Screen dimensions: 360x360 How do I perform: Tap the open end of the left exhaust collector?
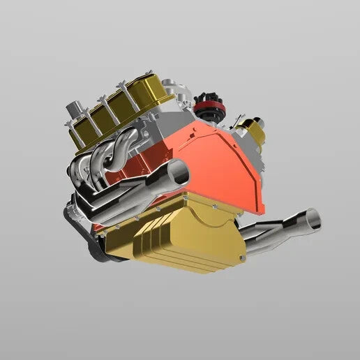(x=179, y=172)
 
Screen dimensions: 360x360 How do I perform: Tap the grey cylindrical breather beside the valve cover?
(x=75, y=114)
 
